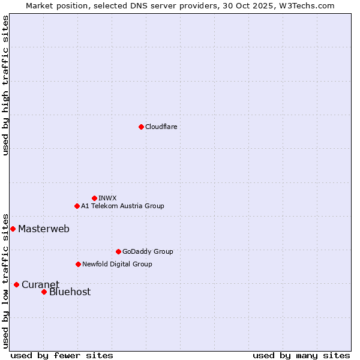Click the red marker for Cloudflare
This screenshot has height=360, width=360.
coord(141,127)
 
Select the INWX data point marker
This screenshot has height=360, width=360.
coord(94,198)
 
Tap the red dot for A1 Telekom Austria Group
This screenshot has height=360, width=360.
coord(77,206)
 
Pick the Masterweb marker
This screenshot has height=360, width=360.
coord(13,229)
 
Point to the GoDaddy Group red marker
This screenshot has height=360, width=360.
coord(118,251)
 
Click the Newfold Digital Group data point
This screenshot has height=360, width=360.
coord(78,264)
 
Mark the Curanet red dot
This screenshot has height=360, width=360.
coord(16,284)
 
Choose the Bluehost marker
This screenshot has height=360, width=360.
coord(44,292)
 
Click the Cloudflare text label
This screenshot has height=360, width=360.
coord(161,127)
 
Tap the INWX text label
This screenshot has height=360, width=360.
coord(107,198)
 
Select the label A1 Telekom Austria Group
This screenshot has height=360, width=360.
coord(122,206)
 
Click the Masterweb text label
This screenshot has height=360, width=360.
coord(44,229)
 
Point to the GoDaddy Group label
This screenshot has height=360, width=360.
coord(148,251)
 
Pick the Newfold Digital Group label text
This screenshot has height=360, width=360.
coord(117,264)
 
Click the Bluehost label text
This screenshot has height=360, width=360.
coord(70,292)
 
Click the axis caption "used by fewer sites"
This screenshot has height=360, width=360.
coord(62,355)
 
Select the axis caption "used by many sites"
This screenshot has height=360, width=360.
coord(301,355)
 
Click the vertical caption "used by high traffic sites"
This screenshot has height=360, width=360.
coord(5,85)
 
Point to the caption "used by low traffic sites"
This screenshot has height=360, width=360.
coord(5,281)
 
